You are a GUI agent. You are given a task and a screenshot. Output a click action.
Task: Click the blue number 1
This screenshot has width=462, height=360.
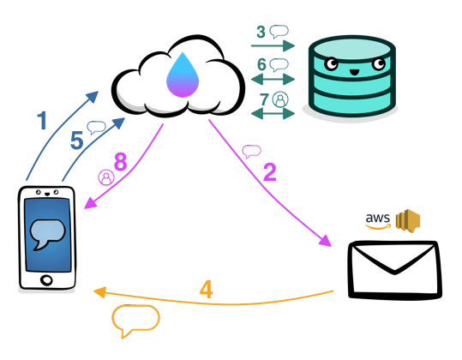(x=41, y=119)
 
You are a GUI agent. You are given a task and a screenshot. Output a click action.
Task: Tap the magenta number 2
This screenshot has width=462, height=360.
(x=269, y=172)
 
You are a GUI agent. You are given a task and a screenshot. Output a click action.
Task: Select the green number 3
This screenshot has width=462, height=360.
(x=261, y=32)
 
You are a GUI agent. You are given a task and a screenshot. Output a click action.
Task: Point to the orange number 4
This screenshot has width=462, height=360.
(x=206, y=289)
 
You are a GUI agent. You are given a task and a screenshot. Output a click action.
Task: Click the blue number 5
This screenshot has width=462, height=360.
(x=76, y=140)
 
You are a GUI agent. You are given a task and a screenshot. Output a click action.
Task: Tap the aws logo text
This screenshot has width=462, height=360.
(x=378, y=219)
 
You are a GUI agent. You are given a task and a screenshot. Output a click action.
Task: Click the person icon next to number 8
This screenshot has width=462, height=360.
(x=106, y=177)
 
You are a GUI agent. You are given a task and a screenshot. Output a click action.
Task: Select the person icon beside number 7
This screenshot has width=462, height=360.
(x=279, y=99)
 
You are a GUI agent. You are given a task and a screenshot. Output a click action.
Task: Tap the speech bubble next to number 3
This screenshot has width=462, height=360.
(x=279, y=33)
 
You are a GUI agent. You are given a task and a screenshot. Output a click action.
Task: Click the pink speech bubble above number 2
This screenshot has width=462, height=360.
(x=251, y=152)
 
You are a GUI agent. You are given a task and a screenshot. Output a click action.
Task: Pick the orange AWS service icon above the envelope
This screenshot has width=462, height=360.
(x=407, y=220)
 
